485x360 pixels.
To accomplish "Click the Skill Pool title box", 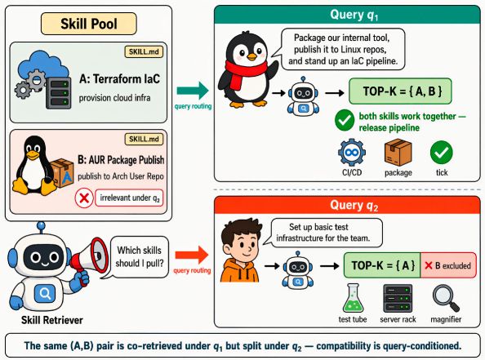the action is pyautogui.click(x=89, y=24).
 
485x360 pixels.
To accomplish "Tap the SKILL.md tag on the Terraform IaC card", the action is pyautogui.click(x=144, y=51).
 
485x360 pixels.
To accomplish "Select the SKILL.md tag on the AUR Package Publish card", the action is pyautogui.click(x=144, y=139).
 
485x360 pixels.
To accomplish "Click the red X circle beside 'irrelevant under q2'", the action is pyautogui.click(x=84, y=198).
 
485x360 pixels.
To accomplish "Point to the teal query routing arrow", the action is pyautogui.click(x=193, y=91).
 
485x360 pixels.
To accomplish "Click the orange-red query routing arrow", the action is pyautogui.click(x=192, y=256).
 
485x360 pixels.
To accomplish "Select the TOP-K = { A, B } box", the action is pyautogui.click(x=400, y=91).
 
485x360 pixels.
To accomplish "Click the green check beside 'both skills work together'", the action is pyautogui.click(x=345, y=120).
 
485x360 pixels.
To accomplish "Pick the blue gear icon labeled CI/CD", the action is pyautogui.click(x=352, y=153).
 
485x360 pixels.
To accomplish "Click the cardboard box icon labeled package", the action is pyautogui.click(x=398, y=153).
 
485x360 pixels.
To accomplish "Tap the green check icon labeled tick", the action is pyautogui.click(x=442, y=152).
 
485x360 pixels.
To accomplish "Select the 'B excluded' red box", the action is pyautogui.click(x=448, y=265).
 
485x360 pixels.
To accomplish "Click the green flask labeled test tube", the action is pyautogui.click(x=352, y=298).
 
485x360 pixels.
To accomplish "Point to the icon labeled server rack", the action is pyautogui.click(x=398, y=299).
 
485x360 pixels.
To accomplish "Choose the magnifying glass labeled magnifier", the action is pyautogui.click(x=446, y=298).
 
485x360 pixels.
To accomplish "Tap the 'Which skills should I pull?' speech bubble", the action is pyautogui.click(x=139, y=256).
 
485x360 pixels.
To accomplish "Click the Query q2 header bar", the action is pyautogui.click(x=347, y=205).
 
